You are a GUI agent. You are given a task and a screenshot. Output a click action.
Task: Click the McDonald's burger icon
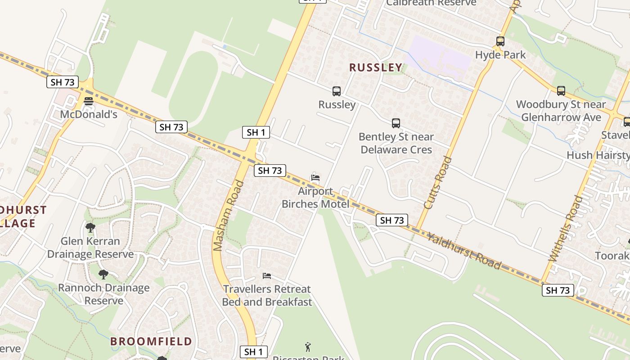89,101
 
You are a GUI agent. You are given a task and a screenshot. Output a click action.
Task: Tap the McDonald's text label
89,114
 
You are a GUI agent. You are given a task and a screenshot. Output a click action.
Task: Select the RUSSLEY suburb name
376,67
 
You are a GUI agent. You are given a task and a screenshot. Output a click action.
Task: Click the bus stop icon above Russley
337,91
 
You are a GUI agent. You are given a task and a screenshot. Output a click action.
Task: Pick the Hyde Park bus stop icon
500,41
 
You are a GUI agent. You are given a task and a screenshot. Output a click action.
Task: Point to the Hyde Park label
500,55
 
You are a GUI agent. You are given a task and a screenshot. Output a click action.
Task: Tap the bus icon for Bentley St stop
396,123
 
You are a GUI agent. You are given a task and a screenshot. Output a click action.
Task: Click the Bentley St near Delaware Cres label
396,143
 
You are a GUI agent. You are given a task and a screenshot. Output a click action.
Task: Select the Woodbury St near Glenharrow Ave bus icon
561,91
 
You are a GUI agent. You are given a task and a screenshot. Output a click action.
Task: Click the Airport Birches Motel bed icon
315,177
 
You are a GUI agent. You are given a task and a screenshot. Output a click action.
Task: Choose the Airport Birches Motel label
315,198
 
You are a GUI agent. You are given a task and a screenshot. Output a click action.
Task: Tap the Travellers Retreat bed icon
267,275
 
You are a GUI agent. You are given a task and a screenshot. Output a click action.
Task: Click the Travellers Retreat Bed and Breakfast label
267,295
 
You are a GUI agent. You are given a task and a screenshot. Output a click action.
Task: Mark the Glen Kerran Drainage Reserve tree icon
90,228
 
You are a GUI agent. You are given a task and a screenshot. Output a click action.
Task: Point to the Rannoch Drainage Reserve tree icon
103,274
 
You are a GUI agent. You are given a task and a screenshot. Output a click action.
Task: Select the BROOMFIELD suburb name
151,341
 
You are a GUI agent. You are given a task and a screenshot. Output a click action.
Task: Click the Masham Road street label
228,216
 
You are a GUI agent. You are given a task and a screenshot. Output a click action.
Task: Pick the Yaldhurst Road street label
463,251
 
